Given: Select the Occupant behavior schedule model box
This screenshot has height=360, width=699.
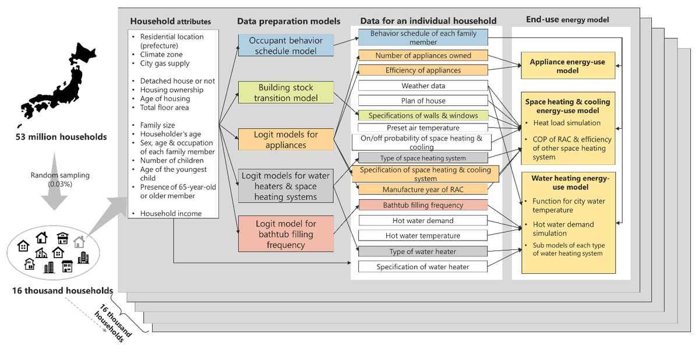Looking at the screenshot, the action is (286, 45).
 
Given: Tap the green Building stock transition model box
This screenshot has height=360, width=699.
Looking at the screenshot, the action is (286, 93).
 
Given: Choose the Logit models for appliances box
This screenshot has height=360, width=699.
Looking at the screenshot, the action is (286, 139).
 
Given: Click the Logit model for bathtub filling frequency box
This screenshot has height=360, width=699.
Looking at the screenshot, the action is (286, 234).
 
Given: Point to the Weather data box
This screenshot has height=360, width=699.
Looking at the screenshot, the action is (423, 86).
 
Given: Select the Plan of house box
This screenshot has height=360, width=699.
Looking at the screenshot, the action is (423, 101).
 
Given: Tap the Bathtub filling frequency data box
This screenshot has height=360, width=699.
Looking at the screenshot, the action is (423, 205).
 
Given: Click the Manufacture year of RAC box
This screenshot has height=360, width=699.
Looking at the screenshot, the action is (423, 189).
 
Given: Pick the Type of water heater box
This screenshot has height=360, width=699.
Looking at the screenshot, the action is (423, 252).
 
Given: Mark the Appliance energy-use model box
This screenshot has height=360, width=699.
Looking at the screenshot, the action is (568, 65).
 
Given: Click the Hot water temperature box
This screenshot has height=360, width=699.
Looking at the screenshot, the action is (423, 235).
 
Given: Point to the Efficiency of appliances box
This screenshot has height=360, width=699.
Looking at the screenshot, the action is (423, 70).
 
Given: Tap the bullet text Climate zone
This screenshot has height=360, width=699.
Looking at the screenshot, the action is (161, 54).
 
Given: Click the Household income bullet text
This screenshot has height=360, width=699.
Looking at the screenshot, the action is (171, 213).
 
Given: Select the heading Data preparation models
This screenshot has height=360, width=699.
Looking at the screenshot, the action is (289, 21).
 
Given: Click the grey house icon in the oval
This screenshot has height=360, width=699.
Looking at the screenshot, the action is (79, 242).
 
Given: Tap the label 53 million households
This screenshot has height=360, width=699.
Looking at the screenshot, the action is (61, 137).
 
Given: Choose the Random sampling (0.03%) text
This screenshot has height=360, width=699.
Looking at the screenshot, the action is (60, 179).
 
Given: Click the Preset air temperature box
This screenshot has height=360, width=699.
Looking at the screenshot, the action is (423, 128).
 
